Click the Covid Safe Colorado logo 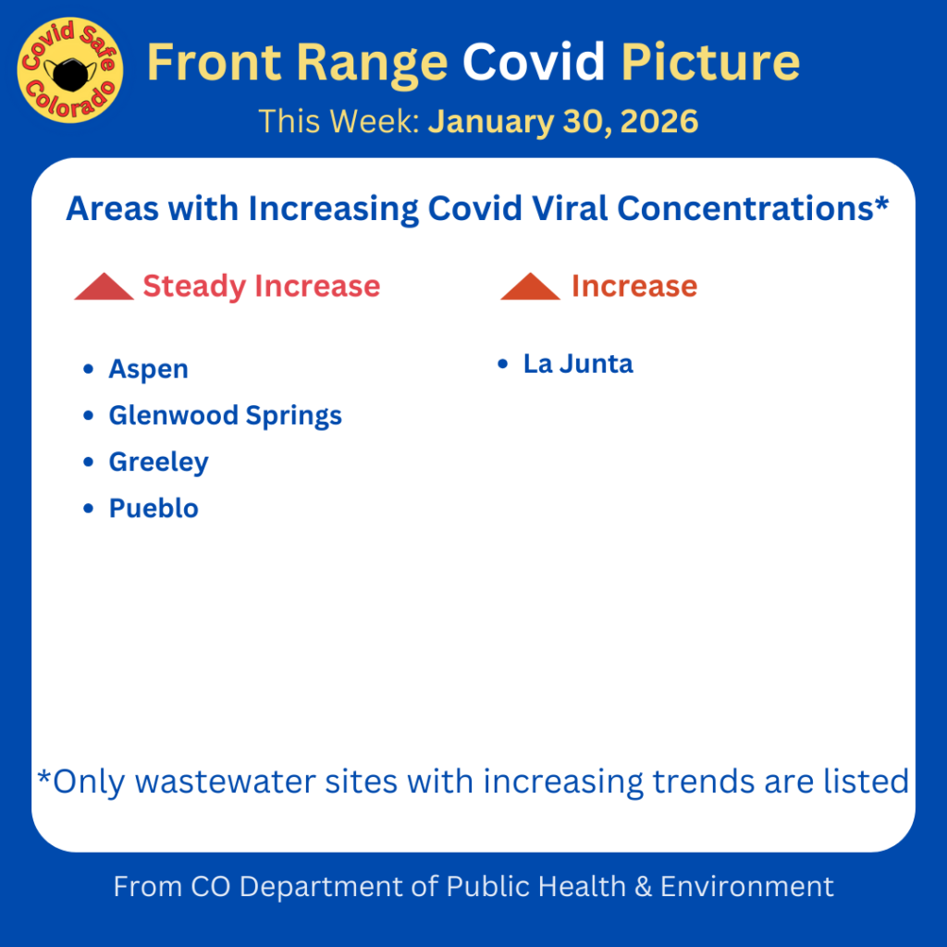tap(70, 70)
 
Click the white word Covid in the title tap(534, 62)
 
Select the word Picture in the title tap(710, 62)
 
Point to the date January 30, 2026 tap(563, 121)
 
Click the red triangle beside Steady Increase tap(104, 287)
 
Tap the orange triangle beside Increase tap(530, 287)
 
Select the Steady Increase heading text tap(262, 287)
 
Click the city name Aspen tap(149, 369)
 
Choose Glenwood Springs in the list tap(226, 415)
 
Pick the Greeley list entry tap(159, 462)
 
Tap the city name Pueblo tap(154, 509)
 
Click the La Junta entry tap(578, 364)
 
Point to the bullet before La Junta tap(502, 364)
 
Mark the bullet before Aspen tap(88, 368)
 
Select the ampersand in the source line tap(644, 887)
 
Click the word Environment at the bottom tap(747, 887)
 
